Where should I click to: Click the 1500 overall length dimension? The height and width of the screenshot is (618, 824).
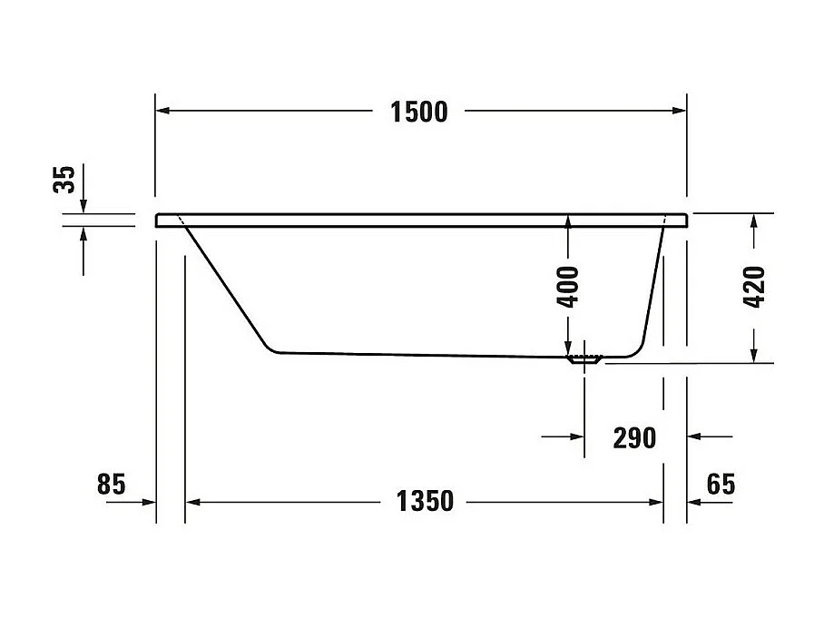click(418, 112)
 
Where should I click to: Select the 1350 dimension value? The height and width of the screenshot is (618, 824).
click(425, 500)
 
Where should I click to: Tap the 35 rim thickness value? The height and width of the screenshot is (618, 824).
click(64, 179)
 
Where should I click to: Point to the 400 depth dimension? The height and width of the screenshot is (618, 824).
click(568, 288)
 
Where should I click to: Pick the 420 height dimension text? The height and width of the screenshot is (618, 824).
click(754, 287)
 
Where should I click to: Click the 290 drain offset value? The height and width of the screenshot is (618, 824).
click(634, 437)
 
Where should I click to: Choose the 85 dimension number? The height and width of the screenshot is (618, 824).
click(110, 485)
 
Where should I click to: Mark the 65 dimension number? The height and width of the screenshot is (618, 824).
click(720, 485)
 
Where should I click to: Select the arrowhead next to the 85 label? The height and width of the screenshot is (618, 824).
click(149, 501)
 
